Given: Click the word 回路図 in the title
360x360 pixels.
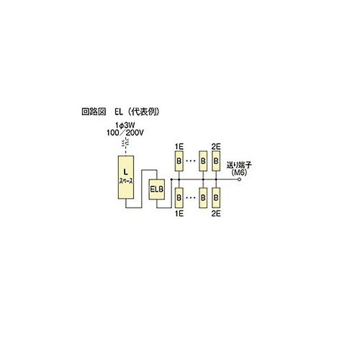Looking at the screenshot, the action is click(94, 112).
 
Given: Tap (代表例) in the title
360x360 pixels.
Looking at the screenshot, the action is click(143, 112).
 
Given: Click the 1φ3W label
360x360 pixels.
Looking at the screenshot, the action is click(125, 125).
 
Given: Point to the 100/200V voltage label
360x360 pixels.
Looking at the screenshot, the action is click(125, 132).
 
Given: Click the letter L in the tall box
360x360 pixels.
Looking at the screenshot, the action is click(125, 172).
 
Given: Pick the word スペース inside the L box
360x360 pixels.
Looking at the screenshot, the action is click(126, 181).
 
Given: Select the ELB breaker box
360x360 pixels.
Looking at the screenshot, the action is click(157, 189).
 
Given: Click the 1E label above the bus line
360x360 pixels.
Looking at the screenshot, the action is click(179, 147).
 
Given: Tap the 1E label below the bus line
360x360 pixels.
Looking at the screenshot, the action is click(179, 213).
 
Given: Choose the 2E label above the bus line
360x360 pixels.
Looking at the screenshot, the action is click(216, 147).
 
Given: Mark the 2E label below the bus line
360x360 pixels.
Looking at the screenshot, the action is click(216, 213).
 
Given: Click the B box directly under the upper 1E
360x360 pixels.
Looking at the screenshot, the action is click(179, 161).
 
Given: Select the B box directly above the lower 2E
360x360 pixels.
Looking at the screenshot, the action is click(216, 198).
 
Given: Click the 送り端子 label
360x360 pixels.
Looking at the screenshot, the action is click(239, 165).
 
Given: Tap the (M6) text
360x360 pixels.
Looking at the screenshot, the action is click(239, 172).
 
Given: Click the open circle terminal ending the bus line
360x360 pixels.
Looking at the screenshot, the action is click(239, 179).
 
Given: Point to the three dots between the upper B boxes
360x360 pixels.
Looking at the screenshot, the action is click(192, 161).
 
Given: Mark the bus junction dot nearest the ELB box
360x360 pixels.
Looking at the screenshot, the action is click(171, 179).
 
